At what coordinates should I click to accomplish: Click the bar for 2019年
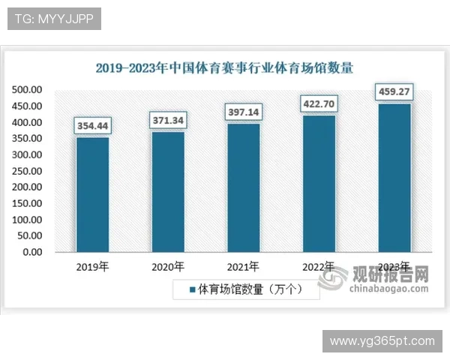[92, 194]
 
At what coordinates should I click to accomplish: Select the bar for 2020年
[168, 191]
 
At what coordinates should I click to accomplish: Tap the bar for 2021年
[243, 187]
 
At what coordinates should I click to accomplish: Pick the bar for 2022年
[319, 183]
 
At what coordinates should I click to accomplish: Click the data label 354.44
[92, 126]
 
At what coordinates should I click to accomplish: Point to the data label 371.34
[168, 120]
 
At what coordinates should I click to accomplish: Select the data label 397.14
[243, 112]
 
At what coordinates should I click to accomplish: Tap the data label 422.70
[319, 103]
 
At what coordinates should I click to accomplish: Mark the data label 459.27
[394, 92]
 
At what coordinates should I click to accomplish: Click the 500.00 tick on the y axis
[27, 90]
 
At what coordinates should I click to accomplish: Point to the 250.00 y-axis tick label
[27, 171]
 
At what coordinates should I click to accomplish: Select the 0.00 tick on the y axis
[32, 252]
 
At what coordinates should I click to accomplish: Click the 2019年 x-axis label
[92, 266]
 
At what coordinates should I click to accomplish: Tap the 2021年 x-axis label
[243, 266]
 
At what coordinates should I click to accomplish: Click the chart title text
[224, 67]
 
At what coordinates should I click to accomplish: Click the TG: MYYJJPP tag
[53, 19]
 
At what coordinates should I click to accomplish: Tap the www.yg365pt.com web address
[382, 341]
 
